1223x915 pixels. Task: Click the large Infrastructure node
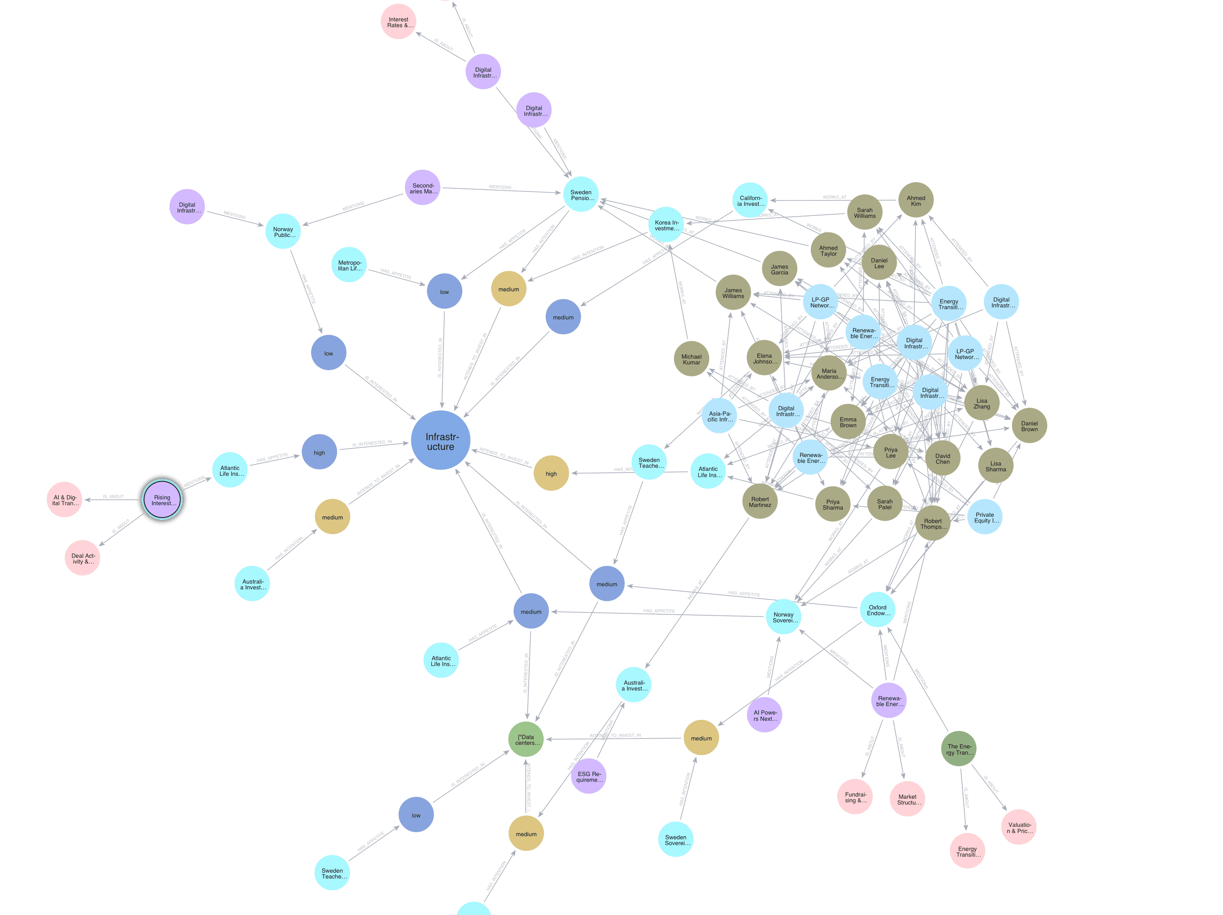tap(441, 441)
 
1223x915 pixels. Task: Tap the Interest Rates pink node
tap(398, 22)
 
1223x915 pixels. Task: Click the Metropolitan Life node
tap(349, 265)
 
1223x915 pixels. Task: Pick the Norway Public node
tap(283, 232)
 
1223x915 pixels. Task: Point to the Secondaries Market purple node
tap(423, 188)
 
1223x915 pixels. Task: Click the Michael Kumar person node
tap(691, 359)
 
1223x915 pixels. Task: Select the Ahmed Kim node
tap(915, 200)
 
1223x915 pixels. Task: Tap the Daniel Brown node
tap(1029, 425)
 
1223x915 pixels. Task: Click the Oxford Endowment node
tap(878, 609)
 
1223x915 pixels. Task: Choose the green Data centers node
tap(526, 739)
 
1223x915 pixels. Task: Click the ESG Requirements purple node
tap(588, 776)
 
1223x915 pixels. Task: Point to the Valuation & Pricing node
tap(1018, 827)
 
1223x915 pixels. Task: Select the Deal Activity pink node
tap(82, 558)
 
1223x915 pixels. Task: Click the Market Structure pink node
tap(907, 799)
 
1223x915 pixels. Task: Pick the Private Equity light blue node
tap(985, 517)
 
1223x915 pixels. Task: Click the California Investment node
tap(750, 200)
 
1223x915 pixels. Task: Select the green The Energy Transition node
tap(959, 749)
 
